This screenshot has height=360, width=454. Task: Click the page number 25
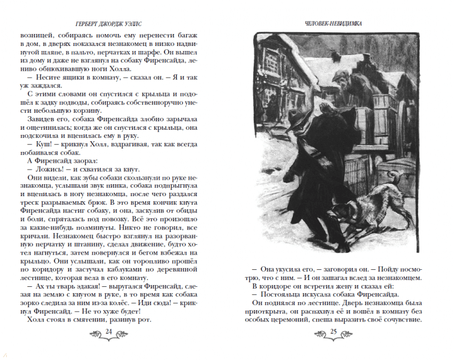tap(334, 332)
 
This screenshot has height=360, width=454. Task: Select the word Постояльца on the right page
tap(282, 294)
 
